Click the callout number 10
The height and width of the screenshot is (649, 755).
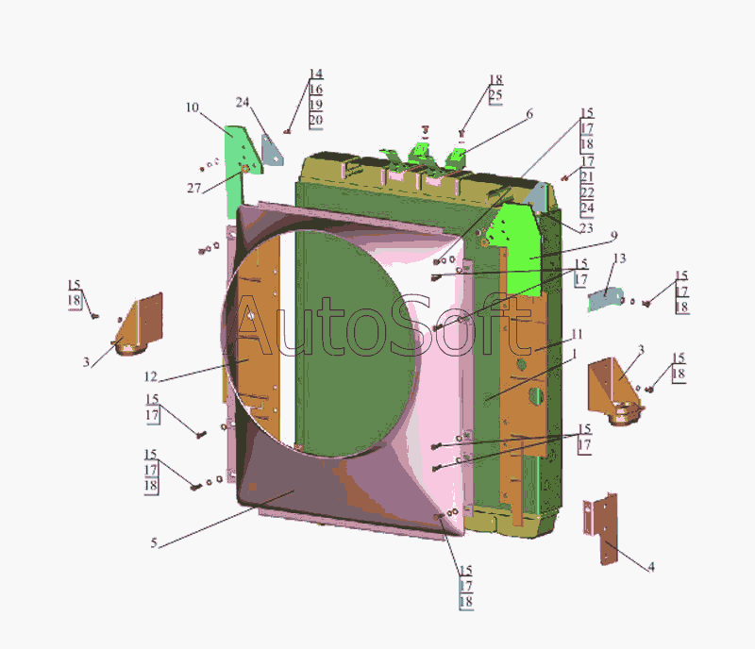(x=193, y=108)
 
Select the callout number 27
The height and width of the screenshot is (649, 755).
(x=194, y=188)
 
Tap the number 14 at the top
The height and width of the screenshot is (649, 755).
(x=316, y=74)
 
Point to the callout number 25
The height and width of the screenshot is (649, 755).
(x=495, y=95)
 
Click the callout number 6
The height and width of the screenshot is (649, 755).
(x=529, y=114)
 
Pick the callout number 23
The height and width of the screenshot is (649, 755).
(x=586, y=227)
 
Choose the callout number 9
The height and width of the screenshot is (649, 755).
(x=613, y=236)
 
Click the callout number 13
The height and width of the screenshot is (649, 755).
(x=619, y=259)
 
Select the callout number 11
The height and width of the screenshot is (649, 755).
(x=577, y=334)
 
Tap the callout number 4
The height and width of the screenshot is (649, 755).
(x=651, y=567)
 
